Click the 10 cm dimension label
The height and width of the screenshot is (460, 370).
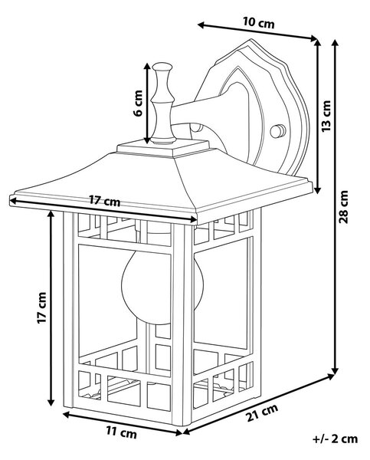(259, 22)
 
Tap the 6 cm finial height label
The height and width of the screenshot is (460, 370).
(138, 103)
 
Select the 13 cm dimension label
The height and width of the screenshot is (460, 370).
(326, 116)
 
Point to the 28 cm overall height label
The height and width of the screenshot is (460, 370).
(343, 206)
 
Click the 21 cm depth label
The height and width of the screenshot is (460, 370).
(262, 412)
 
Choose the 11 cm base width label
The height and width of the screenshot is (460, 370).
(121, 432)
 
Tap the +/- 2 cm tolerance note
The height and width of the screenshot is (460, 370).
(335, 439)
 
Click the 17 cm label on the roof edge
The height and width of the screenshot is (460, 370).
(104, 201)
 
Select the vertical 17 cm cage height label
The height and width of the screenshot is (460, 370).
(41, 307)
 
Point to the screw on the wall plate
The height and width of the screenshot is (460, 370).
(277, 131)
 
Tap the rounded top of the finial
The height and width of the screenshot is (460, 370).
(162, 67)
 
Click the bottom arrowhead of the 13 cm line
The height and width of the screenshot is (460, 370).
(318, 189)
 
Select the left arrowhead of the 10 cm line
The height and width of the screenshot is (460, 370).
(201, 25)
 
